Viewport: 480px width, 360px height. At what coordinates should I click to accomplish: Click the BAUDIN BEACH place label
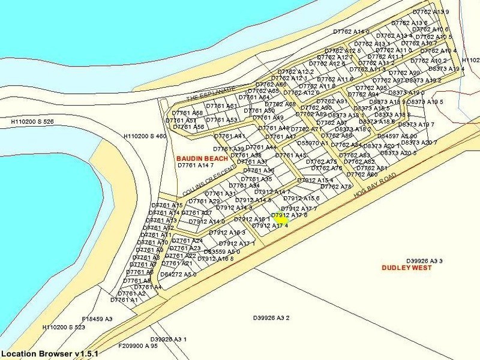tap(202, 158)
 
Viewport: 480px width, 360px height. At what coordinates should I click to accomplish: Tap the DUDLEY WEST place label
tap(406, 268)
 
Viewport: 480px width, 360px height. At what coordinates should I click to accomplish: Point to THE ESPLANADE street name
tap(211, 92)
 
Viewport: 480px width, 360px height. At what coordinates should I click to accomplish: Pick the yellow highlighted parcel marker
tap(283, 220)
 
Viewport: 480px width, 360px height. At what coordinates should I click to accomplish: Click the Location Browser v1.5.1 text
tap(49, 354)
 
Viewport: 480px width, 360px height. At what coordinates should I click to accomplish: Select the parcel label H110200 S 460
tap(145, 137)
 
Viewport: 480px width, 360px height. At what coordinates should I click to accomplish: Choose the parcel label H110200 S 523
tap(64, 328)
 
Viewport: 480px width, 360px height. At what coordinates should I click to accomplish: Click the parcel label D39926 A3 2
tap(271, 318)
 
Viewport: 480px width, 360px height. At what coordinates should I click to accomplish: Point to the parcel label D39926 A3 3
tap(424, 261)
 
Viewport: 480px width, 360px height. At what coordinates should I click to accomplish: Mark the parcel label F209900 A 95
tap(137, 346)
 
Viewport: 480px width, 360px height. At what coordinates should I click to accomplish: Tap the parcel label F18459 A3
tap(97, 319)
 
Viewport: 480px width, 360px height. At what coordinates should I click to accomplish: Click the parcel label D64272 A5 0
tap(178, 274)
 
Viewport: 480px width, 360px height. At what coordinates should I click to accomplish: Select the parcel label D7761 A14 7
tap(196, 165)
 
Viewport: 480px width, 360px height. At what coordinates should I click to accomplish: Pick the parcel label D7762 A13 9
tap(431, 12)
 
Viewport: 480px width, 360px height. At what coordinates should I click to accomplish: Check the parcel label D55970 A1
tap(313, 143)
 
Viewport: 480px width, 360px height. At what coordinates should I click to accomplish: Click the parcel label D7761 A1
tap(124, 300)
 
